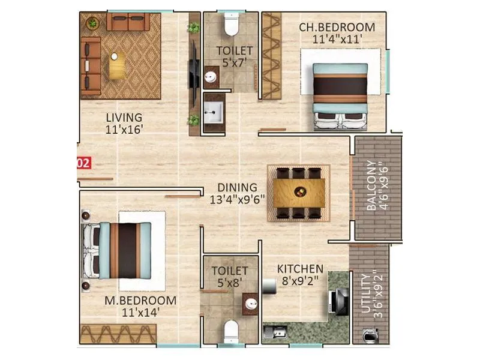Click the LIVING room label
click(x=124, y=117)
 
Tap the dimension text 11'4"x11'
click(x=337, y=40)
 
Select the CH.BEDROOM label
click(x=337, y=27)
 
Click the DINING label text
click(x=237, y=187)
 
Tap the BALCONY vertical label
click(x=372, y=185)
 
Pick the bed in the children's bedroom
click(x=340, y=96)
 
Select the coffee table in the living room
click(x=117, y=64)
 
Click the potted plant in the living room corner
click(x=92, y=23)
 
